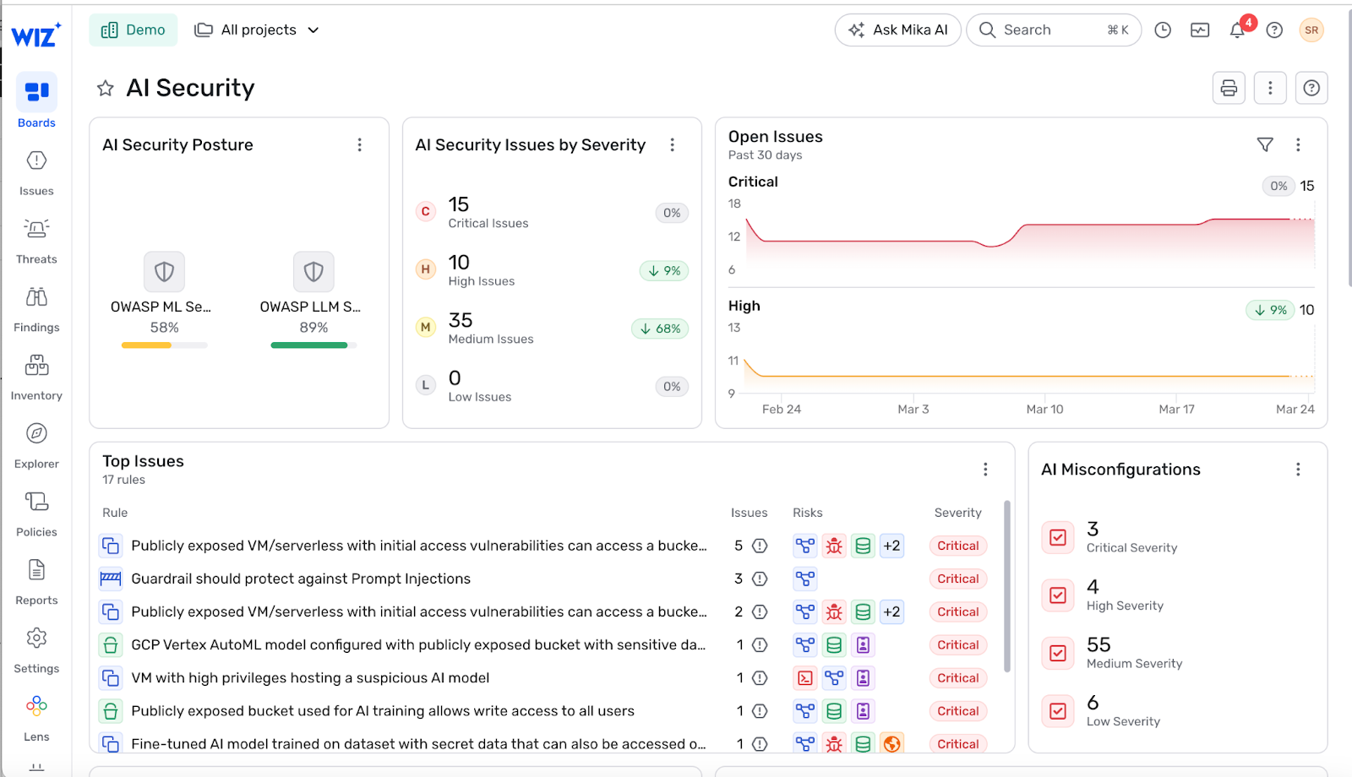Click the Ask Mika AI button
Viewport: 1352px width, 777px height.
pos(897,30)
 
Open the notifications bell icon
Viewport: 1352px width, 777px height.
pos(1237,30)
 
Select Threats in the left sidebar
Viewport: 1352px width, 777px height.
pos(36,242)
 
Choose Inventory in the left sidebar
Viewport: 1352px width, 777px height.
pos(36,378)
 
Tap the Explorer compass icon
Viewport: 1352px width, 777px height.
pos(36,433)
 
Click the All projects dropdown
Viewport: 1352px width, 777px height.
pos(257,30)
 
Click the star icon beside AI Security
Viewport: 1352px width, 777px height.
pos(106,88)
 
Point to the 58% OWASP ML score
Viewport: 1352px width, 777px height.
pos(164,328)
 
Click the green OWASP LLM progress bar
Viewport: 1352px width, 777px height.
pos(309,345)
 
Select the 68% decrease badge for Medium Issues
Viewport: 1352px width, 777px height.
pos(660,329)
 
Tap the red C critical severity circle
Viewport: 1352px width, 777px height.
pos(426,212)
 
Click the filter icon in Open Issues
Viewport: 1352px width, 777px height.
pos(1265,144)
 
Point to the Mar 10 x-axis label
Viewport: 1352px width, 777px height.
pos(1044,409)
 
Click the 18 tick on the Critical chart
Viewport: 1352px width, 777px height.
pos(734,204)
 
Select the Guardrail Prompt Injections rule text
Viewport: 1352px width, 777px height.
pos(301,579)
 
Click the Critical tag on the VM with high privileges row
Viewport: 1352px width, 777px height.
pos(958,678)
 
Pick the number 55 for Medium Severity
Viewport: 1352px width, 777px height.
pos(1098,645)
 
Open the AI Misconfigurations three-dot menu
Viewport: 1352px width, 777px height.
pos(1298,470)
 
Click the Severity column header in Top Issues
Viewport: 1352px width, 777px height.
pos(958,513)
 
